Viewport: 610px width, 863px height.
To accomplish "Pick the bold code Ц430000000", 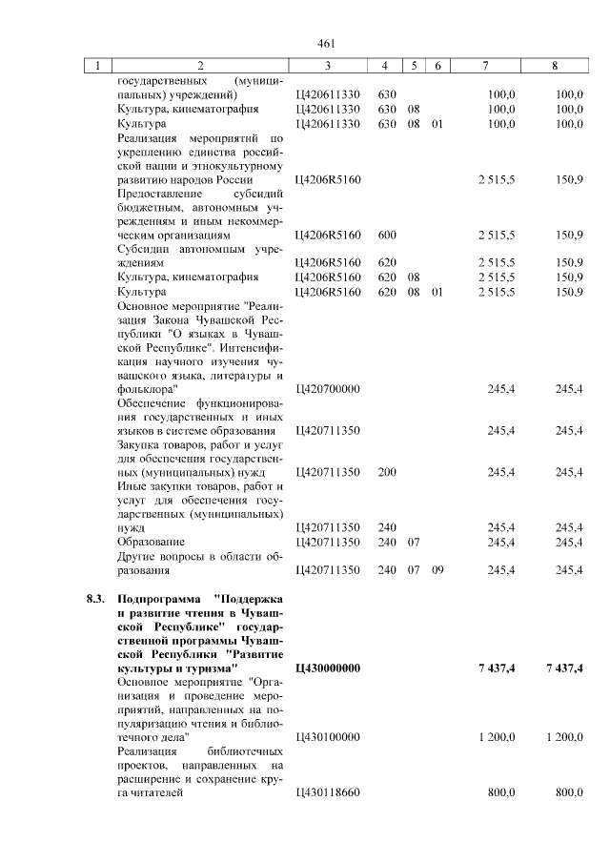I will [x=329, y=668].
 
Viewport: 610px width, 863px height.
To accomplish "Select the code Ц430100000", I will [x=328, y=737].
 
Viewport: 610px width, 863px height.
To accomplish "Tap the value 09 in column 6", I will [x=437, y=570].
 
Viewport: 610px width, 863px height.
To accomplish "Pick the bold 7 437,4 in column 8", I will [x=564, y=668].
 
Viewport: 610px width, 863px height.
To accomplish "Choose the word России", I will [x=234, y=180].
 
